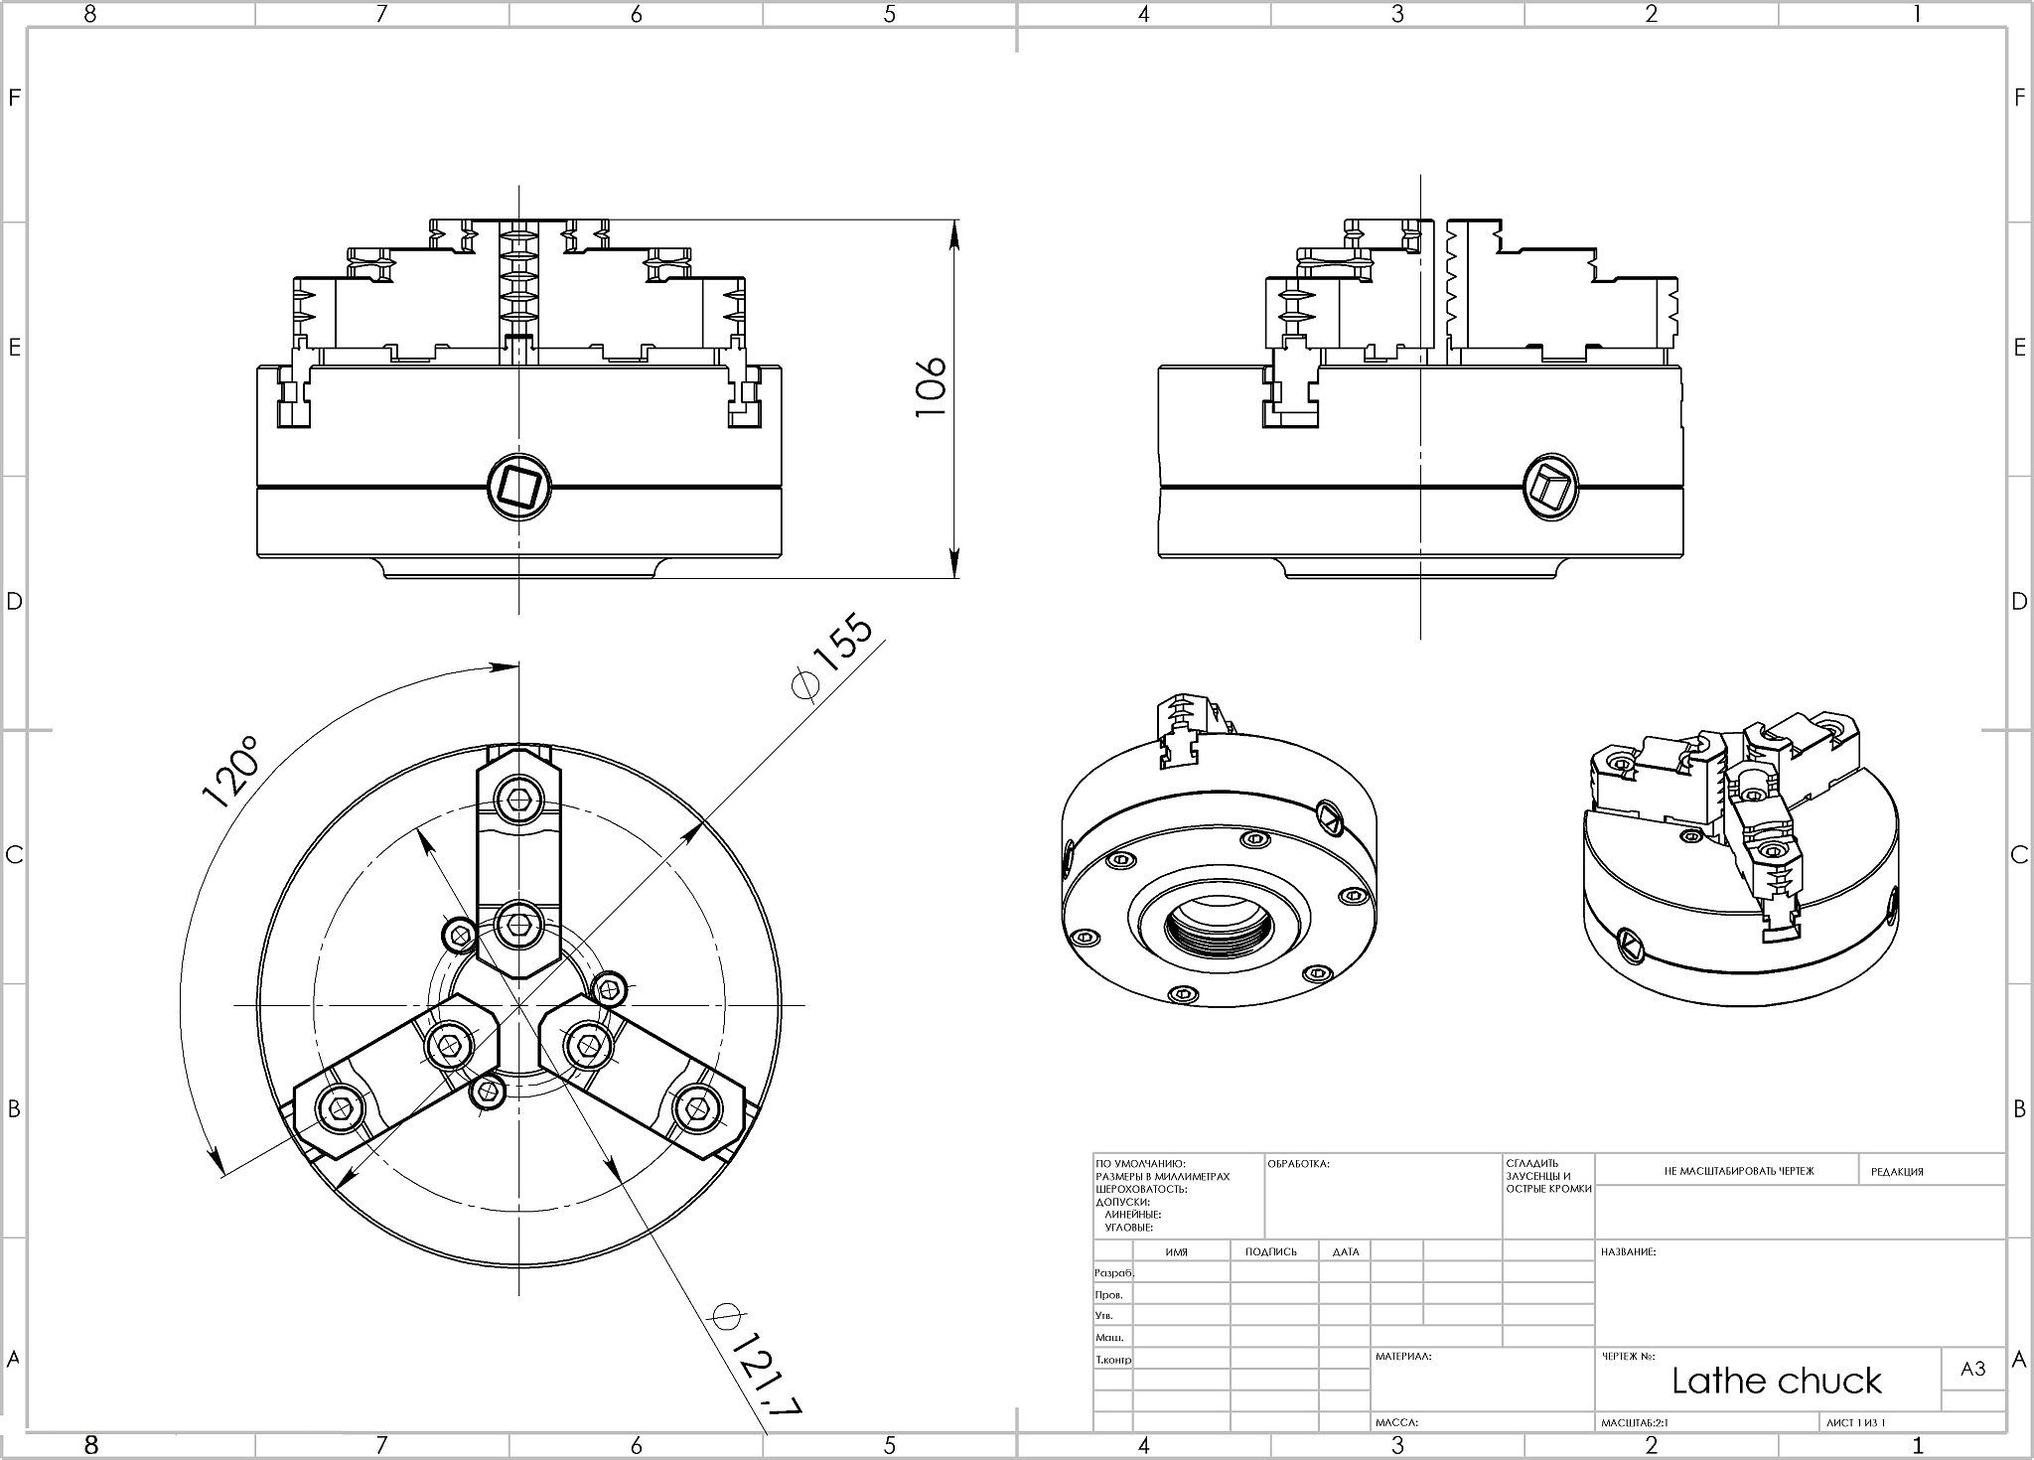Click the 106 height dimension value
[x=931, y=387]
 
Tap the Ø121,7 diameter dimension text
[x=758, y=1361]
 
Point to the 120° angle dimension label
[x=230, y=773]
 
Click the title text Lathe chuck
[x=1776, y=1381]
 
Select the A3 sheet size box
[x=1972, y=1369]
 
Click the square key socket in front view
[x=518, y=487]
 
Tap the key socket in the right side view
[x=1550, y=487]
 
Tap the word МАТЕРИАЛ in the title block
[x=1402, y=1356]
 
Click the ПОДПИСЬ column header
[x=1271, y=1251]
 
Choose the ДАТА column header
[x=1346, y=1251]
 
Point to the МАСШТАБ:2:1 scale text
[x=1635, y=1423]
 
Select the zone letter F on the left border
[x=14, y=97]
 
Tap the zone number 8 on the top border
[x=90, y=14]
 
